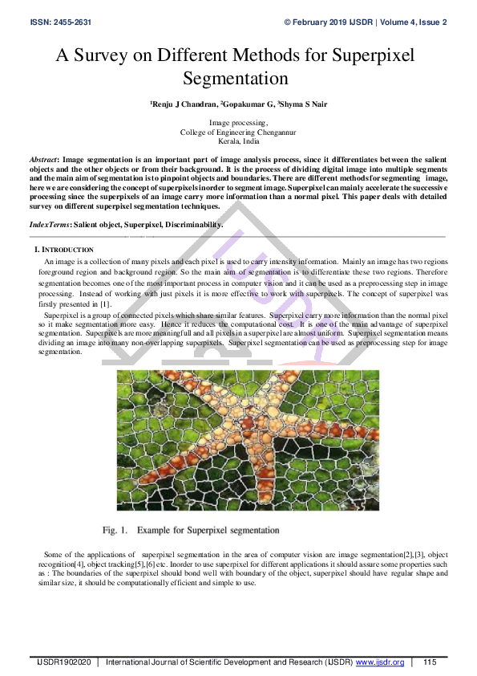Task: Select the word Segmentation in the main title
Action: tap(236, 79)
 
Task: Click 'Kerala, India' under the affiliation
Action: tap(237, 140)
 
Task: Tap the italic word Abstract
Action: tap(43, 161)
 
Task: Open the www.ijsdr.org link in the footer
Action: tap(380, 662)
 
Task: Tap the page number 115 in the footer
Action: tap(430, 662)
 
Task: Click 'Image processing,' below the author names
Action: tap(238, 123)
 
